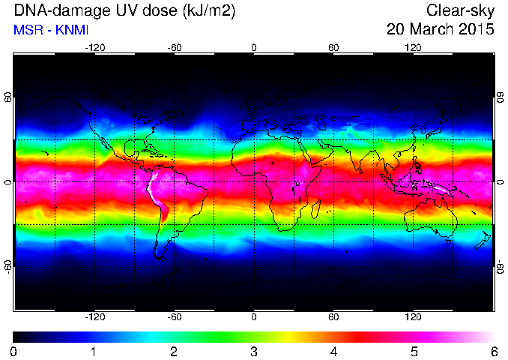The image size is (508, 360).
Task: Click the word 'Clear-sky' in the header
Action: coord(460,10)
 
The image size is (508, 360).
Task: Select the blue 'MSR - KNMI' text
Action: coord(51,30)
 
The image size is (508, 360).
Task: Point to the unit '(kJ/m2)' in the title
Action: coord(209,10)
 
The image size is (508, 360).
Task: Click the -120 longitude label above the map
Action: coord(95,48)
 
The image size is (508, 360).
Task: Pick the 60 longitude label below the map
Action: coord(333,316)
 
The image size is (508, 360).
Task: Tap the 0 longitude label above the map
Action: coord(254,48)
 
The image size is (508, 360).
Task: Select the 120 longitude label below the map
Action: coord(413,316)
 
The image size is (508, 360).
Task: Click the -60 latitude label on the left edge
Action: coord(8,267)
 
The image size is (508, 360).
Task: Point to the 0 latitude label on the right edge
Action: coord(500,182)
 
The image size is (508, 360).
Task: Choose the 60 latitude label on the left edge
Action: coord(8,97)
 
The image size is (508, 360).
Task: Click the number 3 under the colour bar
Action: coord(254,352)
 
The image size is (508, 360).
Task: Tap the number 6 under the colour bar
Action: coord(494,352)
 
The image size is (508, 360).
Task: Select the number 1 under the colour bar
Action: coord(94,352)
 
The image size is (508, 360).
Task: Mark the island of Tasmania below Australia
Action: coord(448,241)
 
